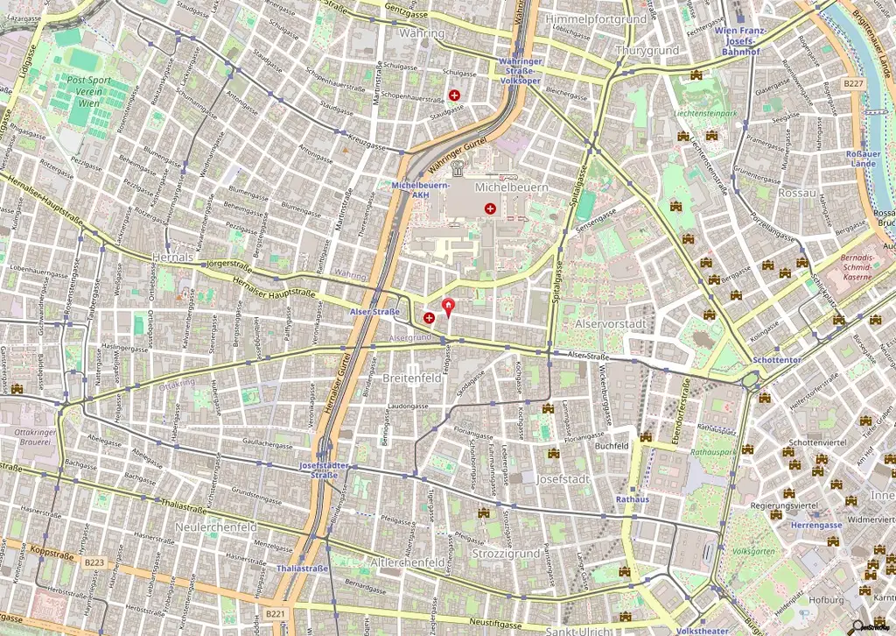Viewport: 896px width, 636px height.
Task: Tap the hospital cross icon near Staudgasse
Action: pos(454,95)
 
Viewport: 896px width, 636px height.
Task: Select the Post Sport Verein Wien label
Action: pos(88,91)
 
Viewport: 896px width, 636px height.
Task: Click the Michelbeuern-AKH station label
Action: pos(422,190)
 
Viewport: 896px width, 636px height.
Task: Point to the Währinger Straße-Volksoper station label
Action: pos(521,70)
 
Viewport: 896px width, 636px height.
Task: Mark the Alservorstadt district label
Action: pos(611,324)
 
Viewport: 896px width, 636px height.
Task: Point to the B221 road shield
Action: pos(276,614)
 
